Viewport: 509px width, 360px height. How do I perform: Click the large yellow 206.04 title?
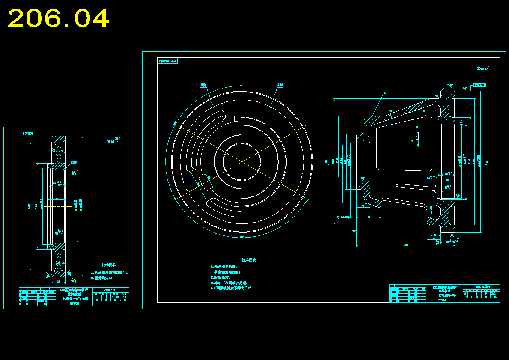pos(58,19)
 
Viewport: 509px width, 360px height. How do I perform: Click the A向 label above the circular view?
pos(280,86)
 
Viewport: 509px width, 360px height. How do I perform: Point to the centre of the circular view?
pos(242,162)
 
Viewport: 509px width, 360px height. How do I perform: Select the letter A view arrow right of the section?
pos(487,162)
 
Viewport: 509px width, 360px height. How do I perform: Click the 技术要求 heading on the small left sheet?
pos(108,265)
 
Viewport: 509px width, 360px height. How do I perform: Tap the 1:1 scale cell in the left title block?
pos(124,296)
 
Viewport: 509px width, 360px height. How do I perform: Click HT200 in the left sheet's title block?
pos(74,303)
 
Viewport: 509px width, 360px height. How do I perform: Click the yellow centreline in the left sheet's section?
pos(56,206)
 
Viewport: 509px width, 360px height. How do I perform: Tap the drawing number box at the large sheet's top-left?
pos(168,61)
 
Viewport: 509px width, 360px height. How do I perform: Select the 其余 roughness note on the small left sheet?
pos(113,140)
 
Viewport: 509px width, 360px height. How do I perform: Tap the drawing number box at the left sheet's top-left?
pos(29,133)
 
